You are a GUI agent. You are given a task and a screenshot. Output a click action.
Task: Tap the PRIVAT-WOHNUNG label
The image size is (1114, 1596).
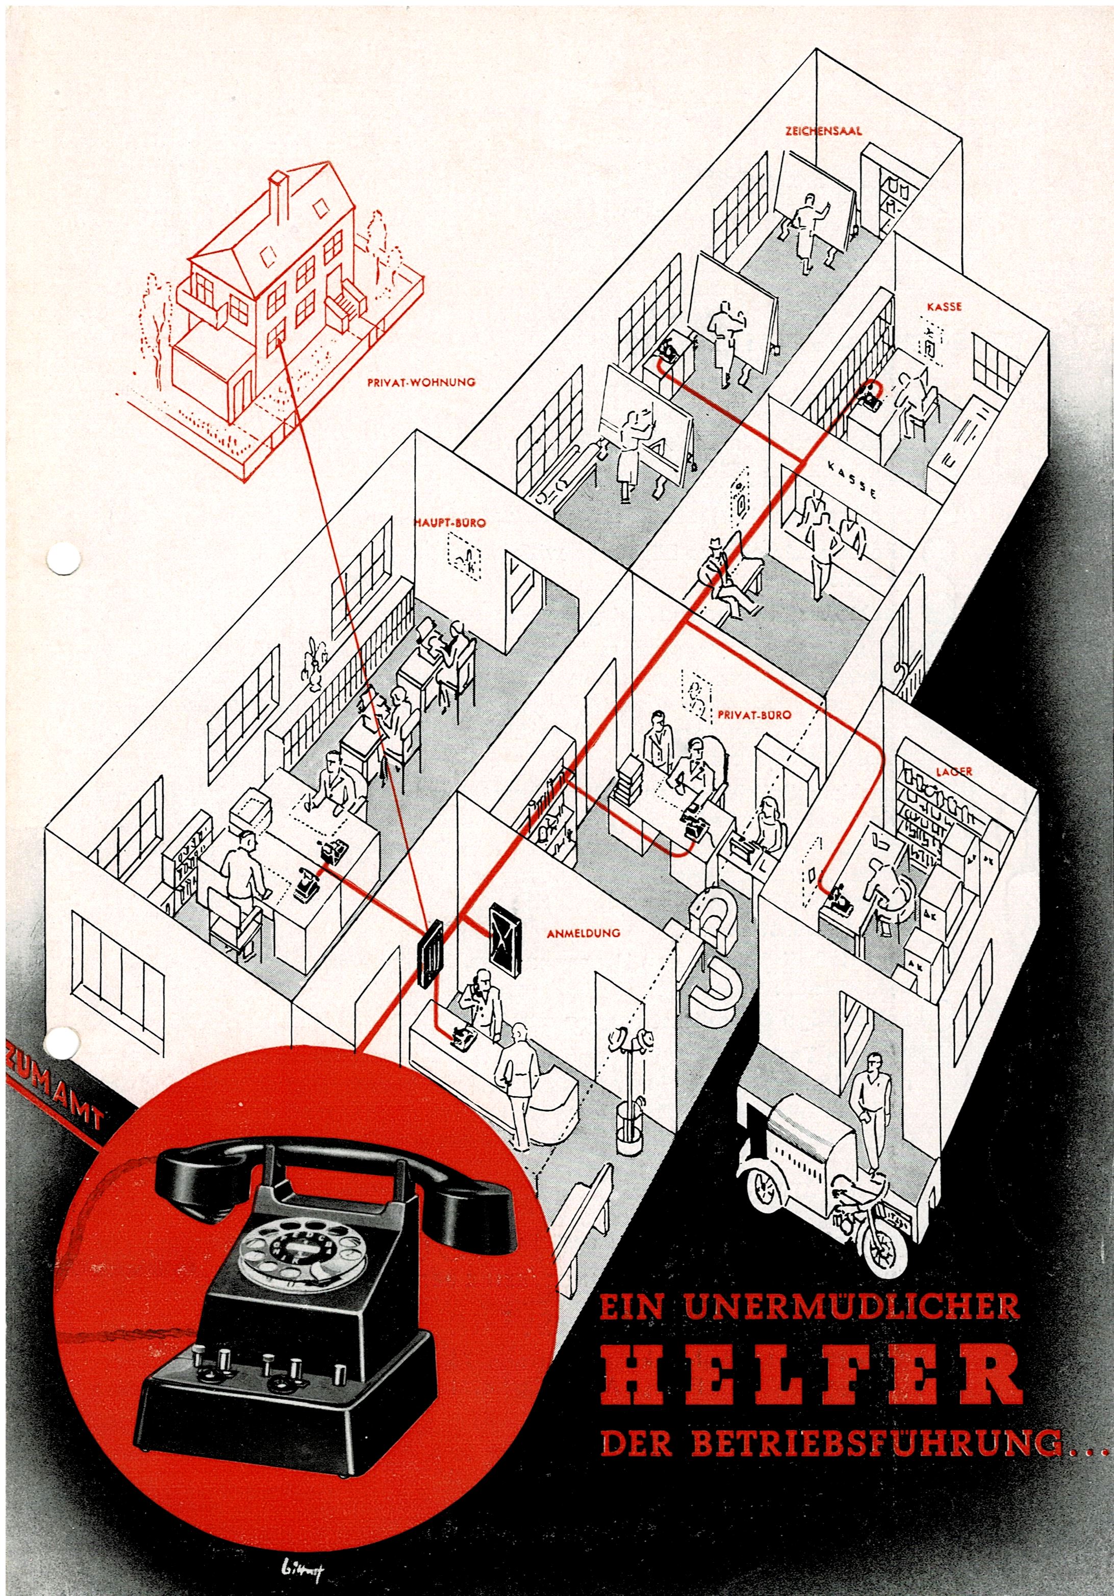421,382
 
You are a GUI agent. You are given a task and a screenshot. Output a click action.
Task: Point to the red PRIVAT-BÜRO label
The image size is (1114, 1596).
754,715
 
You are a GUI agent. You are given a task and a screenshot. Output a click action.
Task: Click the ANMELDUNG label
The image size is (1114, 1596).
583,933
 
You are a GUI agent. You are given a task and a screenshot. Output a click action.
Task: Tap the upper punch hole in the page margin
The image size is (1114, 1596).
63,559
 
